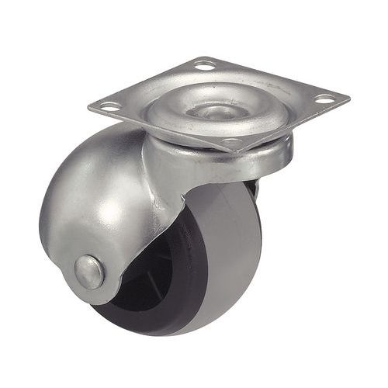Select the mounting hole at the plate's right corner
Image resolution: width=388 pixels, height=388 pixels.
pyautogui.click(x=324, y=99)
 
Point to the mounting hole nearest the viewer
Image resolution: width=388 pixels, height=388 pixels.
pyautogui.click(x=232, y=143)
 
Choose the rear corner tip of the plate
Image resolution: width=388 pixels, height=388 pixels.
pyautogui.click(x=203, y=55)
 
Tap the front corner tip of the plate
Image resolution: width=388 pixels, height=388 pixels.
pyautogui.click(x=237, y=153)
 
